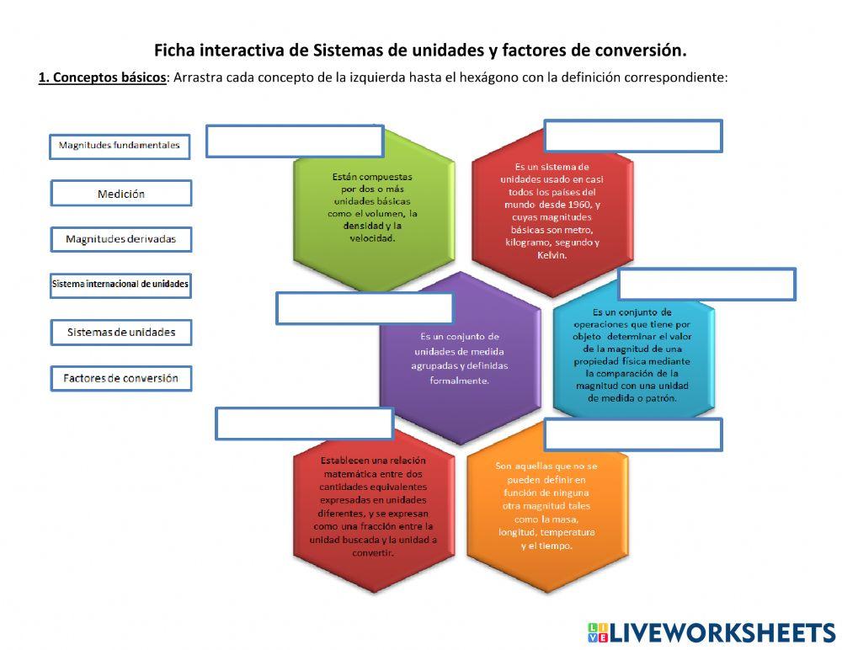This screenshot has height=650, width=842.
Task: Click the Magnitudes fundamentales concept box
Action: coord(120,146)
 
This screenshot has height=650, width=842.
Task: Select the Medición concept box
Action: coord(121,194)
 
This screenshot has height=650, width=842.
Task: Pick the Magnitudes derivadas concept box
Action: coord(121,239)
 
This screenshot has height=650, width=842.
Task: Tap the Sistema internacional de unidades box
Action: coord(120,285)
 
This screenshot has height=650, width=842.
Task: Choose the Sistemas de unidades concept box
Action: coord(121,332)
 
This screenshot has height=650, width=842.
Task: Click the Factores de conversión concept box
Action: coord(121,378)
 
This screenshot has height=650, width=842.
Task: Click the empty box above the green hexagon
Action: coord(295,141)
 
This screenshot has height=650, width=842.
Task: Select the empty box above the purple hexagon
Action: coord(365,308)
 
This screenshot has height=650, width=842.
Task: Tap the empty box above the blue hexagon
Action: coord(706,285)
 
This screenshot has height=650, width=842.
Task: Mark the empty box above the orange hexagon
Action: coord(633,434)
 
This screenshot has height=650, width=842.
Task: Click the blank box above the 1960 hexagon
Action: coord(633,136)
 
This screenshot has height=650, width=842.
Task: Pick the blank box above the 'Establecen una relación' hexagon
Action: coord(304,424)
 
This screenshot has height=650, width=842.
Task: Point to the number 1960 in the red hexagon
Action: coord(578,205)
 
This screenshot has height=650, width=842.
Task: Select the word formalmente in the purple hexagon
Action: coord(459,381)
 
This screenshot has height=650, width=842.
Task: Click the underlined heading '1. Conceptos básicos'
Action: coord(102,77)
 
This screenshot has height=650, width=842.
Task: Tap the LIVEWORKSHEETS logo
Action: coord(711,632)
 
